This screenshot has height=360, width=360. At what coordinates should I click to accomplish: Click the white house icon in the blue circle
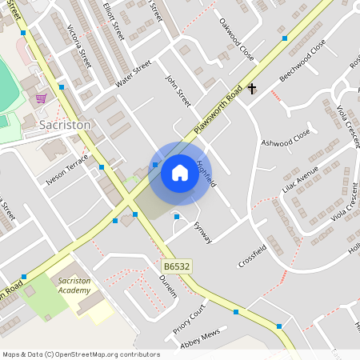(180, 172)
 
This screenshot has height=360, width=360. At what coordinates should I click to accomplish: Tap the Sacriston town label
(65, 126)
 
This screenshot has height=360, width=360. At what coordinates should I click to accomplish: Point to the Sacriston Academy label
(74, 286)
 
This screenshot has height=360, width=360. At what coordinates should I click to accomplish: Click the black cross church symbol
(252, 88)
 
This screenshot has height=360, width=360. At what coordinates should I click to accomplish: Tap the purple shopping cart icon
(41, 98)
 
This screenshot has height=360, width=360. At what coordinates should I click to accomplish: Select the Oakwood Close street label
(237, 39)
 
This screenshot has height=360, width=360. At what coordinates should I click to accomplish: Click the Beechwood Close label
(302, 60)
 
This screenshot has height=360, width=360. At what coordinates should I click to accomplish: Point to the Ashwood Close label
(286, 138)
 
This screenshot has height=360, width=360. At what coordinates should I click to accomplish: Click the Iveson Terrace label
(67, 170)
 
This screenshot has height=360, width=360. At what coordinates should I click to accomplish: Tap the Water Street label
(133, 74)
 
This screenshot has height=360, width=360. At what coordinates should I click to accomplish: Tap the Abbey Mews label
(200, 339)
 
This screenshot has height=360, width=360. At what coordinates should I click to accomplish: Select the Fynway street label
(203, 233)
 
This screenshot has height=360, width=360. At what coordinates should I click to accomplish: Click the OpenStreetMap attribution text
(80, 354)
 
